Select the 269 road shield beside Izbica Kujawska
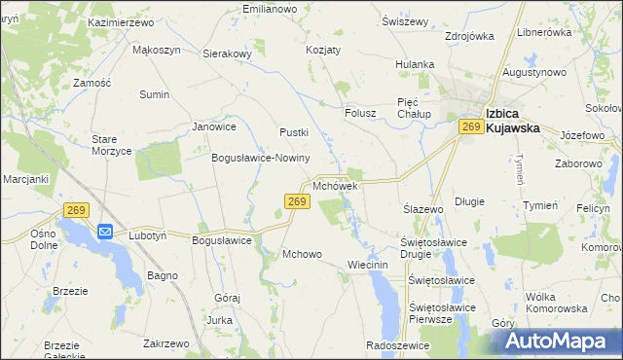coord(472,127)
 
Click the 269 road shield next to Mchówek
coord(298,201)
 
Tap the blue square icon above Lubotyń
coord(105,232)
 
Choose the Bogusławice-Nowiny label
coord(261,158)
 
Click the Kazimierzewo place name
coord(121,21)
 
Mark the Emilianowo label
coord(269,9)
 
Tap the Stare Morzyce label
coord(111,145)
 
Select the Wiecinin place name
coord(368,265)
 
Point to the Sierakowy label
coord(228,54)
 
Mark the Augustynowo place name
coord(534,73)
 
